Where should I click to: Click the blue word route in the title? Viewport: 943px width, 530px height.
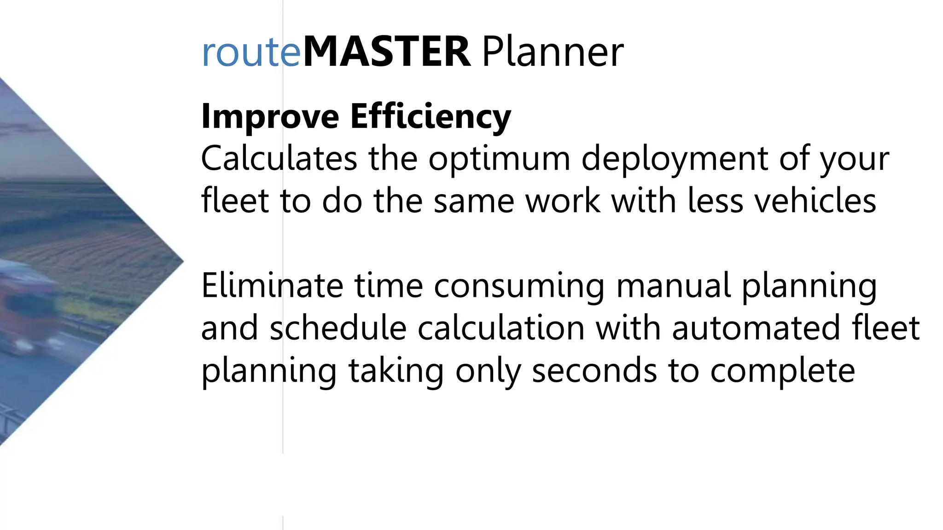tap(251, 53)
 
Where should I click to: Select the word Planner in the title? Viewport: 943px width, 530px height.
tap(553, 52)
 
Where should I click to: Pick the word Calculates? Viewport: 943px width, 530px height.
tap(279, 158)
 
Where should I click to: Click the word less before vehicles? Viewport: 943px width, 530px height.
tap(715, 201)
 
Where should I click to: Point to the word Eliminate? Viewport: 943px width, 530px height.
tap(272, 286)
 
